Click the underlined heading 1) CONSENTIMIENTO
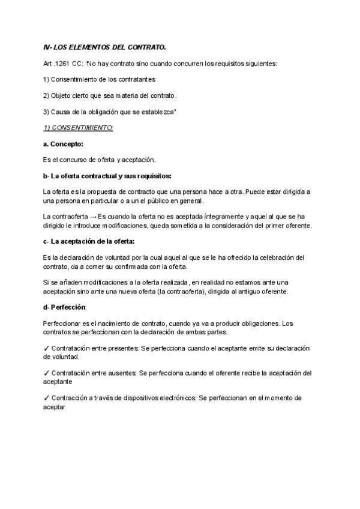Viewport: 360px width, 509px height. click(x=79, y=128)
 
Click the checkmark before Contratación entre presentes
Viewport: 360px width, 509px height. click(x=47, y=349)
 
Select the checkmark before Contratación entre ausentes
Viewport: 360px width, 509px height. click(x=47, y=373)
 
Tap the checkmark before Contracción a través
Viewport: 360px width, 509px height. click(x=47, y=398)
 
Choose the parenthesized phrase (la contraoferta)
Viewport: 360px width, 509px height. click(x=213, y=292)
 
